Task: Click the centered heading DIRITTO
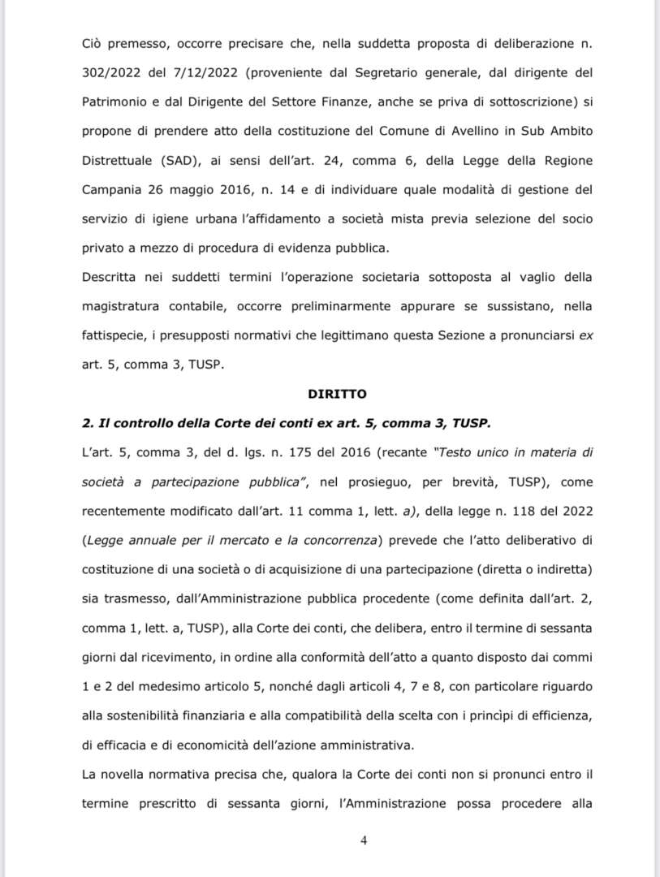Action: (337, 394)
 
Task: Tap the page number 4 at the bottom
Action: (363, 840)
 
